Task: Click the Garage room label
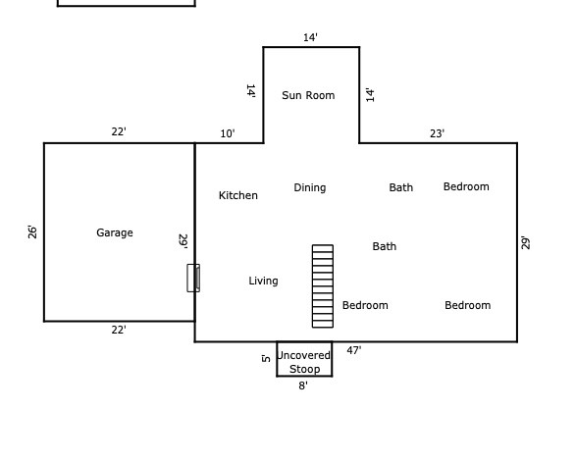tap(115, 232)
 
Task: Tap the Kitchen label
tap(238, 195)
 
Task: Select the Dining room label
tap(309, 188)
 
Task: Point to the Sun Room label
tap(308, 95)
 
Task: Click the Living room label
tap(263, 281)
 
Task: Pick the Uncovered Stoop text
tap(304, 362)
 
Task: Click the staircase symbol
tap(323, 285)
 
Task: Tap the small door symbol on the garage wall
tap(193, 278)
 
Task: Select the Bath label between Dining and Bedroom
tap(400, 187)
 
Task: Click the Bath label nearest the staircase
tap(385, 246)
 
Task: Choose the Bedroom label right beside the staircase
tap(365, 305)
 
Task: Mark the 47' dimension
tap(354, 350)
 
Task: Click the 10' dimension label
tap(228, 133)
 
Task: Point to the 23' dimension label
tap(437, 133)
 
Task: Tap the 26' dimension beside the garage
tap(32, 232)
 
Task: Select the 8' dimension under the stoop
tap(303, 386)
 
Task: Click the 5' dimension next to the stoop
tap(266, 358)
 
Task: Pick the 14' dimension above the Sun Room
tap(310, 37)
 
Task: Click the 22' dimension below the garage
tap(119, 330)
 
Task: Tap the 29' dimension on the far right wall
tap(526, 243)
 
